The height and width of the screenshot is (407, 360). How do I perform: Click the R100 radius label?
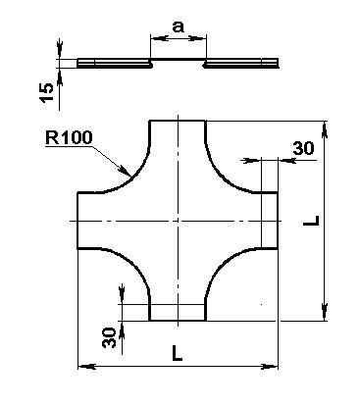69,138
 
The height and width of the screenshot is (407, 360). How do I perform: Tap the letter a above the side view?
179,26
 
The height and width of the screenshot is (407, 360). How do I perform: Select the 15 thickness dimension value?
46,92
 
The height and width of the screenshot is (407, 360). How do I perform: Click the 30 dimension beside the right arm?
303,148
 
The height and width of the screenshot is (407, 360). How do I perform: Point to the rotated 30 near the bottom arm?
109,337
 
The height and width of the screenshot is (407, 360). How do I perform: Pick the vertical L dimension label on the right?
311,221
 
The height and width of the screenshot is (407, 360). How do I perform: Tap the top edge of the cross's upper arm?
178,121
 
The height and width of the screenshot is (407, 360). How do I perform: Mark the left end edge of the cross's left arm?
77,221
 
